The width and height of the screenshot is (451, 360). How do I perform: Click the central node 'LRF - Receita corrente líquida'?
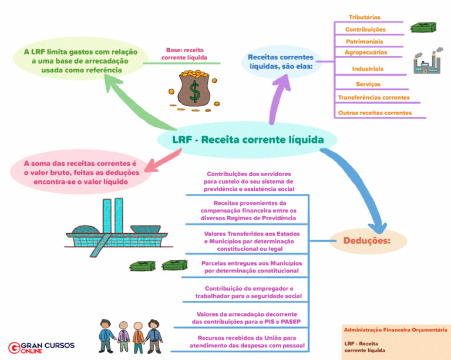pyautogui.click(x=247, y=140)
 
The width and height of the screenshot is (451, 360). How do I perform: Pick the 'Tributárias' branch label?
pyautogui.click(x=365, y=17)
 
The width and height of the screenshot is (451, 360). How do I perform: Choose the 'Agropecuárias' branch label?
pyautogui.click(x=365, y=52)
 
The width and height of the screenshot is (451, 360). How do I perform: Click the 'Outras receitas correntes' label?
pyautogui.click(x=375, y=113)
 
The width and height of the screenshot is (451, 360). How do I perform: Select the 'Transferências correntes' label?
pyautogui.click(x=373, y=97)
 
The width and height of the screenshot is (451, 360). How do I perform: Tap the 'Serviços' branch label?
pyautogui.click(x=368, y=84)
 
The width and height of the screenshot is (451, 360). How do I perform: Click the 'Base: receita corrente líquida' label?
pyautogui.click(x=185, y=54)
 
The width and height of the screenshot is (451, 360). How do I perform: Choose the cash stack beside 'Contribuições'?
pyautogui.click(x=423, y=28)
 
